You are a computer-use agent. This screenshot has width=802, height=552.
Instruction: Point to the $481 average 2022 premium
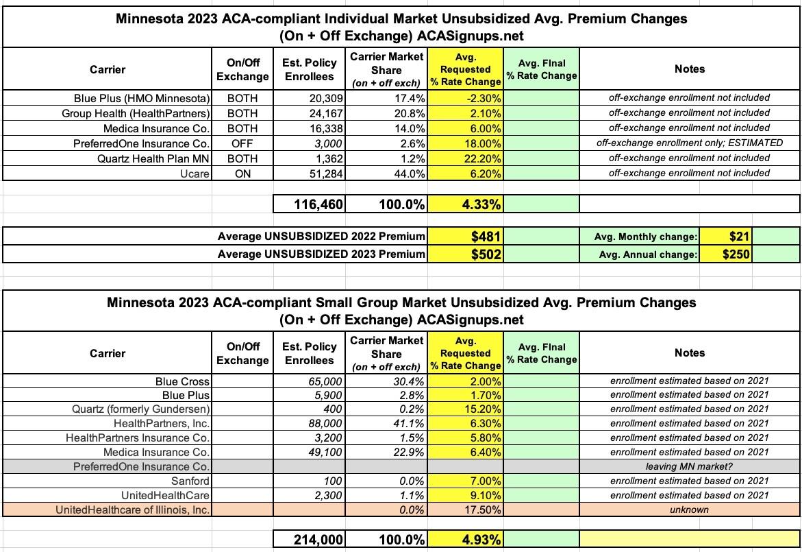pyautogui.click(x=486, y=237)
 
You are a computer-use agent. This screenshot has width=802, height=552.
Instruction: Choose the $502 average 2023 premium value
pyautogui.click(x=486, y=254)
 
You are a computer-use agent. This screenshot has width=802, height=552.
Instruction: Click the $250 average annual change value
pyautogui.click(x=736, y=254)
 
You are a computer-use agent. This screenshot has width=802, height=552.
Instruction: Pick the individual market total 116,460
pyautogui.click(x=314, y=204)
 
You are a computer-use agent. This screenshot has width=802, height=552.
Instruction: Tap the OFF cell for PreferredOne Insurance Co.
pyautogui.click(x=242, y=143)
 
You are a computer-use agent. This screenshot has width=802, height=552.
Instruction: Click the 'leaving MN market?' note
pyautogui.click(x=689, y=466)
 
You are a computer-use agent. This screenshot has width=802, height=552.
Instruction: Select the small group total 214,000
pyautogui.click(x=314, y=540)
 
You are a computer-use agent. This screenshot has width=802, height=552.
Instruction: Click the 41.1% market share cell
pyautogui.click(x=410, y=423)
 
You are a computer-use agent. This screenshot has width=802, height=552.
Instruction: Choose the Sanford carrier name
pyautogui.click(x=191, y=481)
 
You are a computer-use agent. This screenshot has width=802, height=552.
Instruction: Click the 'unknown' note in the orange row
pyautogui.click(x=689, y=509)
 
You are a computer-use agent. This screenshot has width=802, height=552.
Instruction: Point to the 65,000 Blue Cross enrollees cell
pyautogui.click(x=325, y=381)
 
